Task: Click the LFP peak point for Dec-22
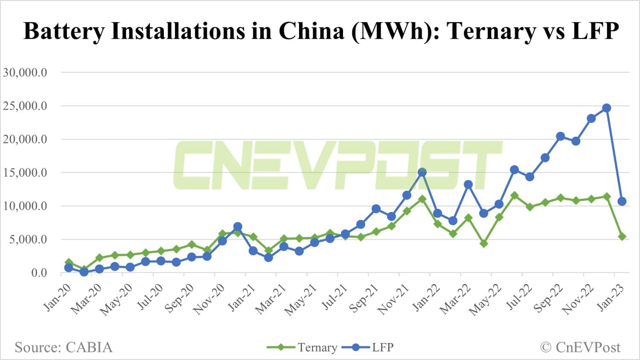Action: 606,108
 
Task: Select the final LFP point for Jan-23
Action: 622,201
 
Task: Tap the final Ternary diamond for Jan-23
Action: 622,236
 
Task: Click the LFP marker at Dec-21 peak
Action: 422,172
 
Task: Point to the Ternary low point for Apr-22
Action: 483,244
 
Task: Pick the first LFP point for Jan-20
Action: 69,268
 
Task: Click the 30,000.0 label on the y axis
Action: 25,72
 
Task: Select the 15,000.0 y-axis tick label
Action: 25,173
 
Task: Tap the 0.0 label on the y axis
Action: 39,273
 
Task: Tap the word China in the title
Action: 311,31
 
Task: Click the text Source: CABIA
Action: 64,347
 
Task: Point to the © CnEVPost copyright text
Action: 580,347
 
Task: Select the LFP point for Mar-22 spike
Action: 468,185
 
